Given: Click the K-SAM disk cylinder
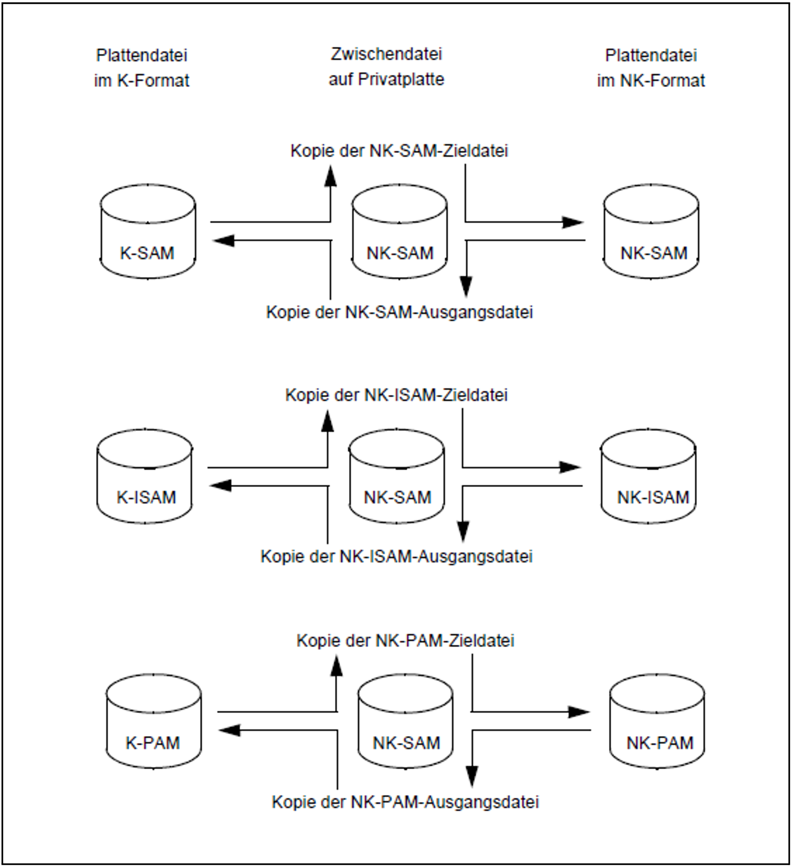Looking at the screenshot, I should tap(148, 232).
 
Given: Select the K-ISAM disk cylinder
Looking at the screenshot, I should tap(145, 476).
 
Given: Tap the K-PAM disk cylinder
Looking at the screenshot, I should tap(153, 721).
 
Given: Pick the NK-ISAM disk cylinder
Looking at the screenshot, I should tap(648, 476).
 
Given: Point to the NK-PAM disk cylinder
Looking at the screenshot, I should tap(657, 721).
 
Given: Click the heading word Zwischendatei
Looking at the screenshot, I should tap(386, 54).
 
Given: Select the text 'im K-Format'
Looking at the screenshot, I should tap(141, 80).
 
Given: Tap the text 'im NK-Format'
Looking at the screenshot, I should tap(651, 80).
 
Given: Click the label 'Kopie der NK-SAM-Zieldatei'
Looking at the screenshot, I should tap(399, 151).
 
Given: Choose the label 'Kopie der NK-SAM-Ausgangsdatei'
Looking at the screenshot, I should tap(400, 312).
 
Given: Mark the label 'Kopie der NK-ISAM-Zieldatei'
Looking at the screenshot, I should tap(396, 395).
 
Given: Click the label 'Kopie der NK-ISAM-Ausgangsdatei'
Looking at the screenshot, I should tap(396, 556).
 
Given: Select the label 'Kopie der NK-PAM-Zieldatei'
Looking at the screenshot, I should tap(405, 641).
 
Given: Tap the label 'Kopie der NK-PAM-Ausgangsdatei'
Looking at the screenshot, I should tap(405, 802).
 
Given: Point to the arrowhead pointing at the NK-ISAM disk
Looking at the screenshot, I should tap(571, 467).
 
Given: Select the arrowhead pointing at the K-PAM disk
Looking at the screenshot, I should tap(229, 730).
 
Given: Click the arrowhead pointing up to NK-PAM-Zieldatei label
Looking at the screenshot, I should tap(336, 666).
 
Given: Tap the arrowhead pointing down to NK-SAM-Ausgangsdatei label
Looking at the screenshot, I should tap(466, 286).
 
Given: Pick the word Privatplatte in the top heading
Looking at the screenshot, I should tap(401, 79).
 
